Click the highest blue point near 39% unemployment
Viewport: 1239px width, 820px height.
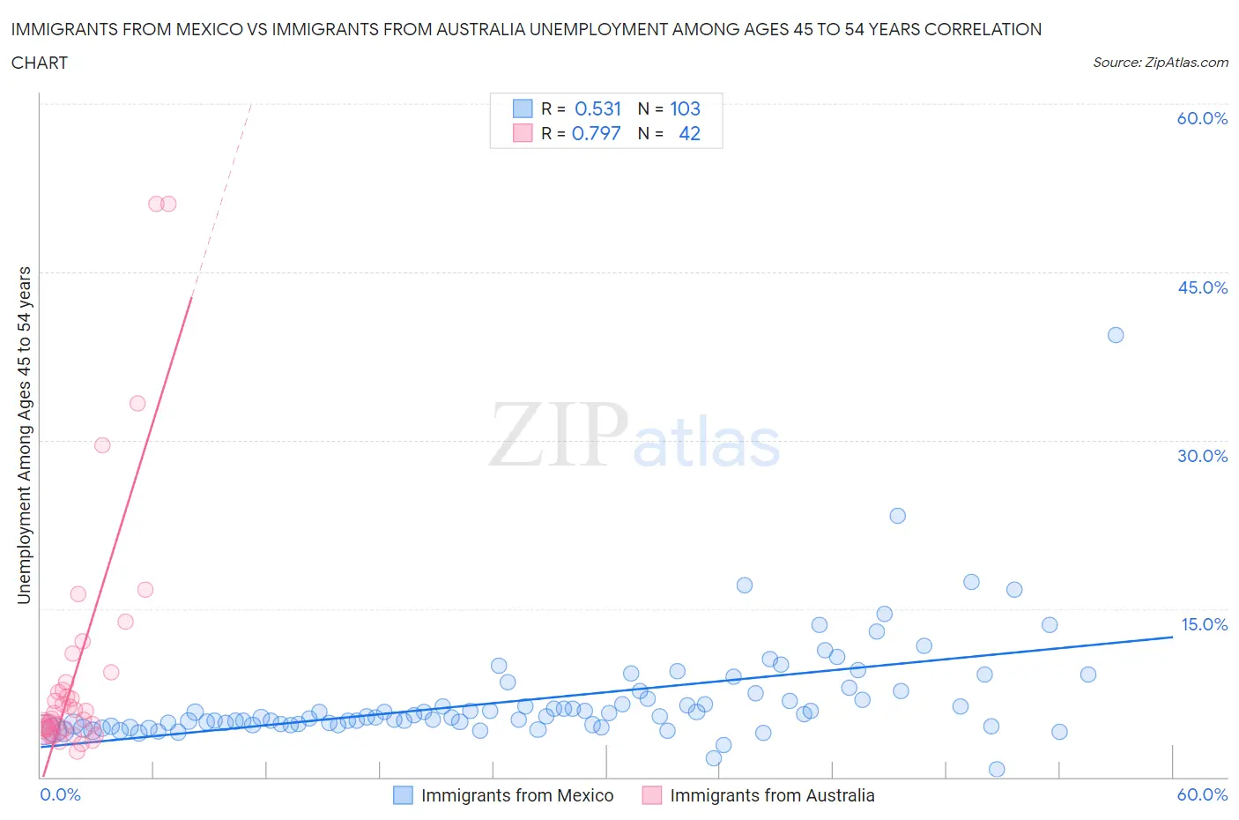click(x=1116, y=335)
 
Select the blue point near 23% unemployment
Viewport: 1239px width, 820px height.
click(x=898, y=516)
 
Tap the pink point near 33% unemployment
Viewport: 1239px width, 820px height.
click(x=137, y=403)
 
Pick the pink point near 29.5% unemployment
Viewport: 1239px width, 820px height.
click(x=102, y=445)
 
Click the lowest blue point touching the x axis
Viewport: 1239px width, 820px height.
click(x=997, y=769)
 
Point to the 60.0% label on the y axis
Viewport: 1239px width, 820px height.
click(x=1202, y=119)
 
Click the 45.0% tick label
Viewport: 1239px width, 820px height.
click(x=1202, y=287)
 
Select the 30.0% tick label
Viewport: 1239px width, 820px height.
click(x=1202, y=456)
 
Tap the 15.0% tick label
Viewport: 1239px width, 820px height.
click(x=1204, y=624)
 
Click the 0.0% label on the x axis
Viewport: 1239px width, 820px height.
click(x=61, y=795)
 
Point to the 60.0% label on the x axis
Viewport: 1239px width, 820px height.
click(x=1202, y=795)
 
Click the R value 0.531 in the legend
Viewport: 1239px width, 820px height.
click(x=597, y=108)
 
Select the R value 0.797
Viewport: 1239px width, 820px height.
click(x=596, y=133)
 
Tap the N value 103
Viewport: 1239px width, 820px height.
click(x=685, y=108)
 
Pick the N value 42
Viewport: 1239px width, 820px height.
click(x=689, y=133)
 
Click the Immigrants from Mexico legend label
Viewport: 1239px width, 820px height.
click(x=517, y=795)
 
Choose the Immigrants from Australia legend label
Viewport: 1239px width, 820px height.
click(x=772, y=795)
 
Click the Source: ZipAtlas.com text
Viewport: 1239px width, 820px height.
click(x=1161, y=63)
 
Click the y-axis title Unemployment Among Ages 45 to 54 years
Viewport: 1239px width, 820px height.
click(x=24, y=435)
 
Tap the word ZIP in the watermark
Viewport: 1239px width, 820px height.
click(x=557, y=435)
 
